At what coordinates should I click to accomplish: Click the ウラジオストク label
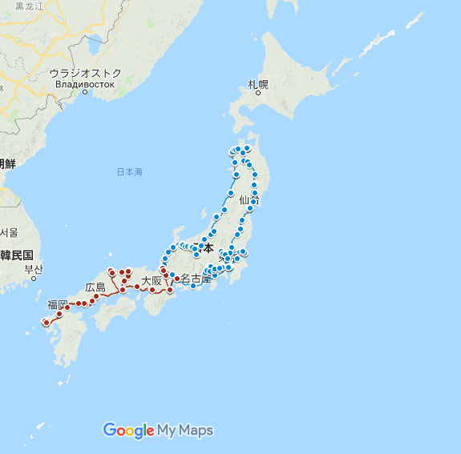pyautogui.click(x=86, y=73)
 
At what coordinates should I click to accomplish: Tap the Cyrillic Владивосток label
pyautogui.click(x=86, y=83)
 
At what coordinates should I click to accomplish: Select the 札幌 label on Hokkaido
pyautogui.click(x=258, y=84)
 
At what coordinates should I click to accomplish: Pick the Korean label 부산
pyautogui.click(x=33, y=269)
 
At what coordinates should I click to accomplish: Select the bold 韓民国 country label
pyautogui.click(x=17, y=255)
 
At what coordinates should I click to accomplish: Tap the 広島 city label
pyautogui.click(x=95, y=287)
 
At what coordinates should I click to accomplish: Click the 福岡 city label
pyautogui.click(x=58, y=304)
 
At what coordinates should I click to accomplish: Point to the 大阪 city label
pyautogui.click(x=152, y=281)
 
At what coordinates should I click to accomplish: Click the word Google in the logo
pyautogui.click(x=128, y=431)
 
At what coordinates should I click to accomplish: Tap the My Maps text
pyautogui.click(x=185, y=431)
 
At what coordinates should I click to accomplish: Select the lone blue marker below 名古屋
pyautogui.click(x=193, y=286)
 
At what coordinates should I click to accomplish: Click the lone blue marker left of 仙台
pyautogui.click(x=231, y=193)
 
